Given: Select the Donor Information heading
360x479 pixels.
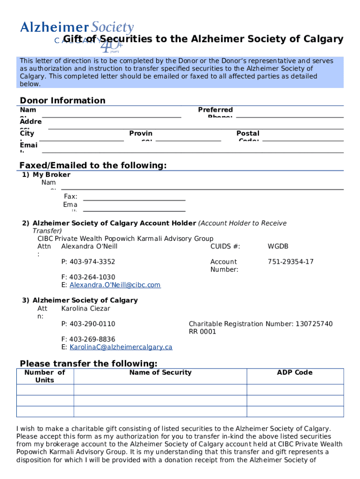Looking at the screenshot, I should (62, 101).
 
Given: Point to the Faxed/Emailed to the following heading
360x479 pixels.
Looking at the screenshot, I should (93, 166).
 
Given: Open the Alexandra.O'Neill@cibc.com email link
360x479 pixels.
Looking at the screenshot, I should (115, 285).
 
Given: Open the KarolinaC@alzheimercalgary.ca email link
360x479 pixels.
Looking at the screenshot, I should (121, 347).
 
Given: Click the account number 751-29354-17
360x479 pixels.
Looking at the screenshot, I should (290, 262).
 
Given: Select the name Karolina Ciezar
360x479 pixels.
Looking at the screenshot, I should (86, 309).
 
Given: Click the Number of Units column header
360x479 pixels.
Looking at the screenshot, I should (45, 376).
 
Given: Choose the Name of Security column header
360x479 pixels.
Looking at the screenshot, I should (160, 373).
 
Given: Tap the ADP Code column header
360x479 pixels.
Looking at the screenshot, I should (295, 373).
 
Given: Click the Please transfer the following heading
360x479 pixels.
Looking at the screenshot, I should (88, 364).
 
